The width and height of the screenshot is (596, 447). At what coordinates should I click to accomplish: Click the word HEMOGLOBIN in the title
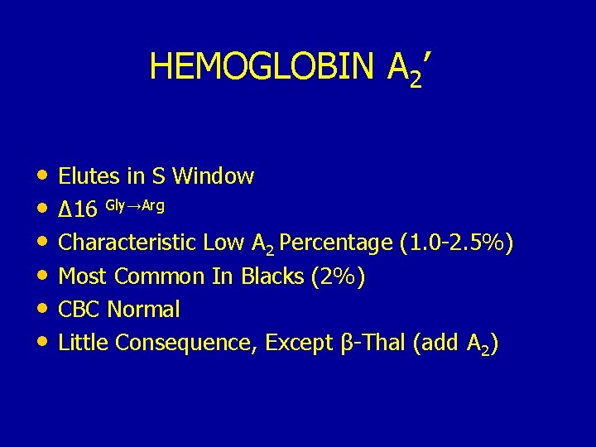263,66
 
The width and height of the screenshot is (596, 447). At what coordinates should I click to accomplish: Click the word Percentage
336,243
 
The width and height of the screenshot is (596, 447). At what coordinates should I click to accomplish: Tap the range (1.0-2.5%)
456,243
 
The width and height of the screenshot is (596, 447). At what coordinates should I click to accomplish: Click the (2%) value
339,276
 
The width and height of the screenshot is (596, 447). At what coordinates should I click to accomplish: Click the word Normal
144,310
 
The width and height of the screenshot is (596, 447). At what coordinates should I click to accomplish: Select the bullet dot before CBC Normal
41,309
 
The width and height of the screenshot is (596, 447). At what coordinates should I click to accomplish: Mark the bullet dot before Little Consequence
41,342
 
